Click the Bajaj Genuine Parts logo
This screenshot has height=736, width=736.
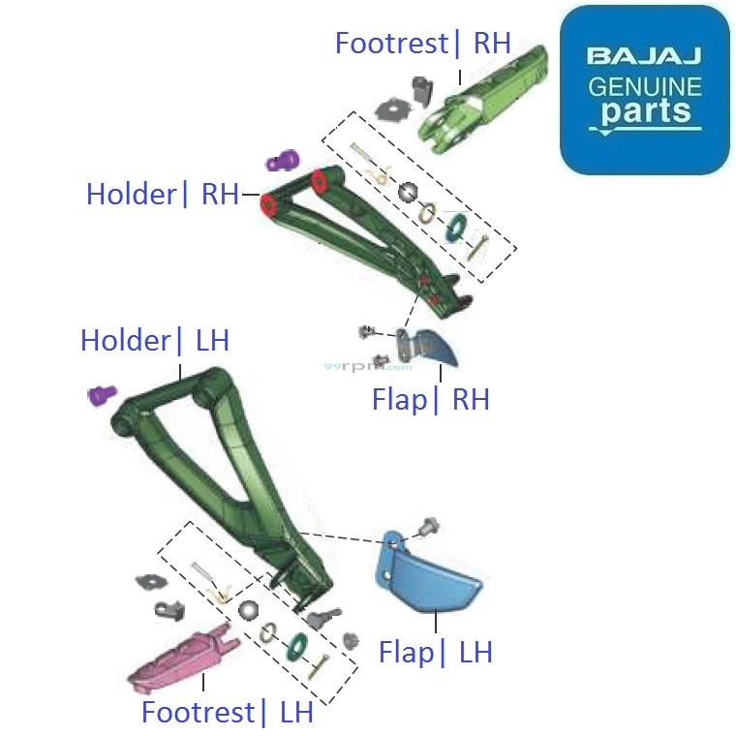click(644, 89)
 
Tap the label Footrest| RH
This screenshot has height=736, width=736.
click(422, 44)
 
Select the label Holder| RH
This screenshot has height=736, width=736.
click(162, 194)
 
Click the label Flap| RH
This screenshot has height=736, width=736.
click(431, 399)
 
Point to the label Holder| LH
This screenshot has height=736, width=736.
click(155, 340)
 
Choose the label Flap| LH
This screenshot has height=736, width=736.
click(436, 652)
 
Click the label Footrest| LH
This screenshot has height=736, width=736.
click(228, 712)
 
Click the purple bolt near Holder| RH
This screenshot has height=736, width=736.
click(283, 160)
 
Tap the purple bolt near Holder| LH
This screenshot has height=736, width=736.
click(102, 394)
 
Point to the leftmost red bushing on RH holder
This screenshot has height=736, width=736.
click(269, 204)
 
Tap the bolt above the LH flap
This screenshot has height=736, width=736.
click(426, 528)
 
